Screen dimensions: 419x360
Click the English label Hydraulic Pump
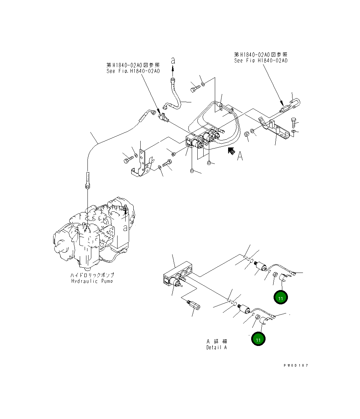pos(92,281)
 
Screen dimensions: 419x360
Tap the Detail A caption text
pos(216,347)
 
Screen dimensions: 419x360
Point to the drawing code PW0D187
pos(296,365)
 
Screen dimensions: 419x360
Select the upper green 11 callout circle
pos(281,298)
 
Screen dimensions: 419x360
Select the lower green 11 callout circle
pos(258,339)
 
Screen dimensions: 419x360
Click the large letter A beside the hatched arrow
pos(240,156)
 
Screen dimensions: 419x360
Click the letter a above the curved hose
pos(173,60)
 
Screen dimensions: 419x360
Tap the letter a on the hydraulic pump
pos(125,228)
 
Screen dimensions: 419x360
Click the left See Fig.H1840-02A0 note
pos(133,71)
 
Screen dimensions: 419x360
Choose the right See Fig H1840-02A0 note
pos(261,60)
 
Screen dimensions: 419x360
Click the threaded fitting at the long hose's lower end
pos(87,180)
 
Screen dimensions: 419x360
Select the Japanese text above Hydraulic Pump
pos(92,275)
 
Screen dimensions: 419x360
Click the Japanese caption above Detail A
pos(217,341)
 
